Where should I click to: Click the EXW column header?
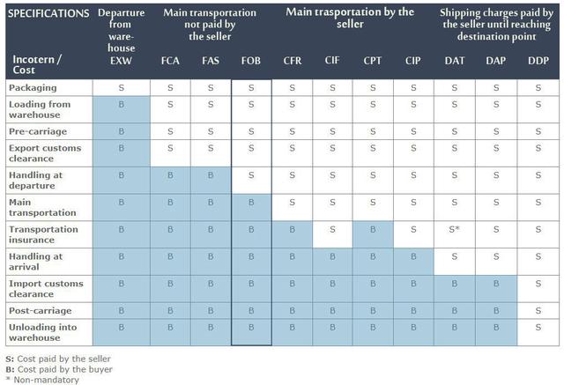coord(121,62)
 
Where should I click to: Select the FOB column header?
coord(251,62)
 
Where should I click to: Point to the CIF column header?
coord(332,62)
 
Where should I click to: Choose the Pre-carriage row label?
coord(38,131)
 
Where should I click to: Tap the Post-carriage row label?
coord(41,310)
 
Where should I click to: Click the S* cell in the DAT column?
coord(455,229)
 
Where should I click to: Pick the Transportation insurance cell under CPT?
coord(373,229)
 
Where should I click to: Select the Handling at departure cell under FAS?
coord(210,174)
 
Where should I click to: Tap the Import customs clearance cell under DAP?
coord(495,284)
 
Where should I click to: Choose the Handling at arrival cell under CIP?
coord(413,256)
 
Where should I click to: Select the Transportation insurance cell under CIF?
coord(332,229)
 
